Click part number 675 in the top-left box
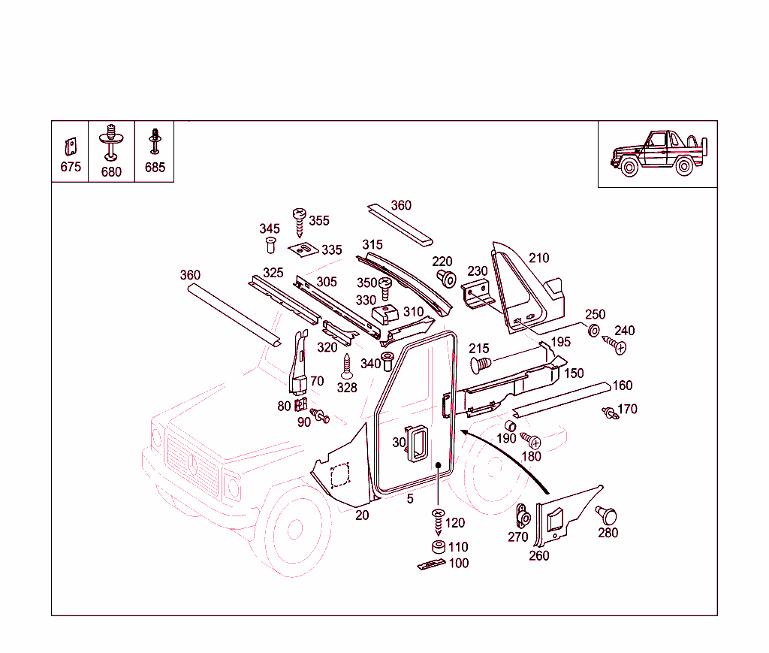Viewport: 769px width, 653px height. tap(70, 167)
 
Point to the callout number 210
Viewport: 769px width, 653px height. tap(538, 258)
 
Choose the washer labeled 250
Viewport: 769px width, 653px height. tap(593, 331)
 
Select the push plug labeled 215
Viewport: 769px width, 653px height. tap(480, 365)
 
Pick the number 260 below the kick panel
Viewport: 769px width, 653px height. tap(538, 556)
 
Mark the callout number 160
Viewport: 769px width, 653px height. tap(623, 385)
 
